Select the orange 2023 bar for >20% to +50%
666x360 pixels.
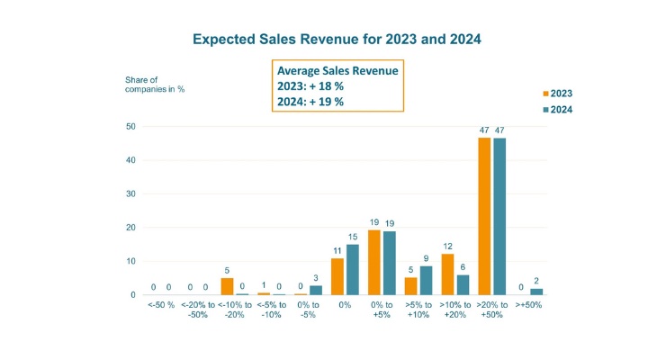(484, 216)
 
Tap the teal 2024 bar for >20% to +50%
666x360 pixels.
(499, 216)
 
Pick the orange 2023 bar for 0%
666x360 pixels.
(337, 276)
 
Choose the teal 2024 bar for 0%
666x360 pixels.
(352, 270)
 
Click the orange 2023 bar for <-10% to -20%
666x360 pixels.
(227, 286)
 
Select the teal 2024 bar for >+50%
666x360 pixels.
(536, 292)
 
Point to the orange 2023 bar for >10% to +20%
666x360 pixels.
(447, 274)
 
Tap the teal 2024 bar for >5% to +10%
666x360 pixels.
(426, 280)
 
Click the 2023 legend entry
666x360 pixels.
(556, 93)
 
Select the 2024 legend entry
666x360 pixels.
(556, 110)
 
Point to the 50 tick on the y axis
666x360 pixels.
(130, 127)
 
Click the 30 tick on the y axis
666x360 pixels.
(130, 194)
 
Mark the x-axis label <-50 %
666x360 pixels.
(161, 305)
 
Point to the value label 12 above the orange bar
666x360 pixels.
(447, 246)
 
